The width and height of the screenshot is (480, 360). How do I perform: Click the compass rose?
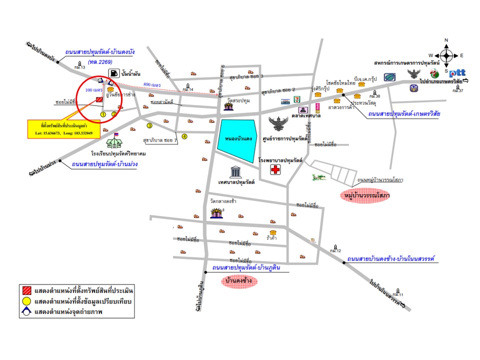point(447,55)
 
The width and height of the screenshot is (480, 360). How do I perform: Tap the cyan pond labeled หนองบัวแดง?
point(236,140)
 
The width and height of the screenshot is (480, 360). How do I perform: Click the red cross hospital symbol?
point(275,170)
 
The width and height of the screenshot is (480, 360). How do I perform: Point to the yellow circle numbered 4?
point(184,136)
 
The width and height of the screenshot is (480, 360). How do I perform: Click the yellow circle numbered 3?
point(149,125)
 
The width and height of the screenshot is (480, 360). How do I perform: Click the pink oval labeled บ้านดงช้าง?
point(238,282)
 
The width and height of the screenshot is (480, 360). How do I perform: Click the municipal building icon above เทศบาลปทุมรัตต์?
point(235,172)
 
